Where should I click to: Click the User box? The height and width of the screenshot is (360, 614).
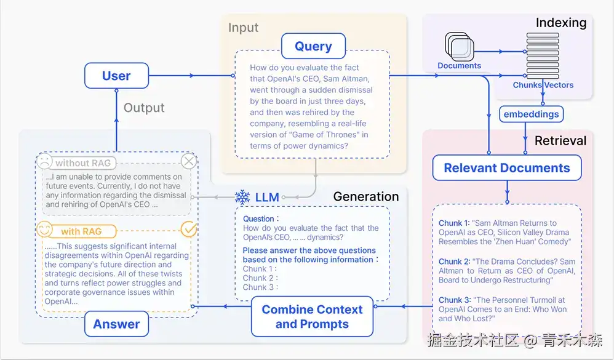[x=116, y=76]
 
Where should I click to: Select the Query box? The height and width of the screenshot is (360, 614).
[x=313, y=46]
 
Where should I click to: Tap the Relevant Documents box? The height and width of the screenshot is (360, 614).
[x=507, y=167]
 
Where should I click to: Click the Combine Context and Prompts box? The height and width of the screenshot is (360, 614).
[x=312, y=316]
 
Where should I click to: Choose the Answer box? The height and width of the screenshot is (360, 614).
[x=116, y=324]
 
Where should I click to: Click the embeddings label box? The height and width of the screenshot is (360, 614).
[x=531, y=114]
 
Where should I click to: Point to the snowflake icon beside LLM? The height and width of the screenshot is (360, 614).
[x=242, y=197]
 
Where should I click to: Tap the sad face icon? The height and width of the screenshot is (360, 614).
[x=44, y=161]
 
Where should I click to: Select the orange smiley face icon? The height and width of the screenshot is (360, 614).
[x=44, y=229]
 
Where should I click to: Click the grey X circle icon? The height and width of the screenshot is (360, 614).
[x=189, y=161]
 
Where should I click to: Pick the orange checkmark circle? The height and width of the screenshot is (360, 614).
[x=189, y=229]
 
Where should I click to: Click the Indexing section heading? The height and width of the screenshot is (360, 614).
[x=561, y=23]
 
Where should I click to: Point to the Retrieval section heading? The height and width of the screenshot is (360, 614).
[x=560, y=141]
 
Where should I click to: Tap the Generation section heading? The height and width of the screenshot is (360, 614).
[x=365, y=196]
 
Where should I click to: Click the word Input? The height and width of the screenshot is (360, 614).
[x=243, y=28]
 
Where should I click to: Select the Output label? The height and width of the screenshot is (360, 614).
[x=144, y=108]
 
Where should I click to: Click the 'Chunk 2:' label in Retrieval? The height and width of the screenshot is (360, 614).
[x=454, y=262]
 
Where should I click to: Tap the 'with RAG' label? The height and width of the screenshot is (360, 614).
[x=81, y=231]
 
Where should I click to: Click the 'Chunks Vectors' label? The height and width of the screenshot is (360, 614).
[x=543, y=85]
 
